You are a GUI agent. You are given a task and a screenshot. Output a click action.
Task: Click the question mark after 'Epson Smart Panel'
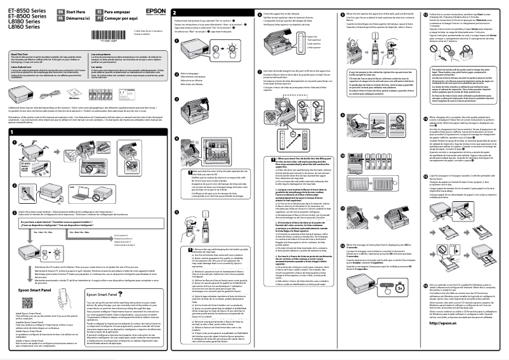coord(119,295)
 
